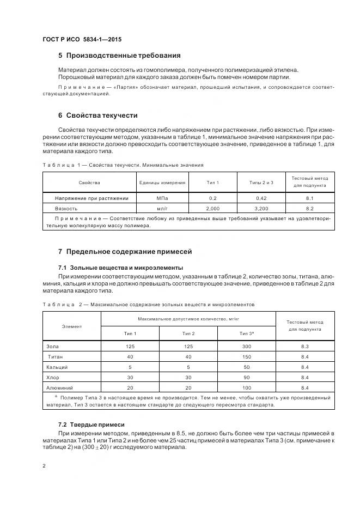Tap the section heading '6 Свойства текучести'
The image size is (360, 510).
click(x=97, y=116)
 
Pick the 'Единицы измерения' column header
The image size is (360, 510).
click(x=162, y=183)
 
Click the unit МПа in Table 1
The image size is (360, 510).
click(x=162, y=198)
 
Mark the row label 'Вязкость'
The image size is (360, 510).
click(x=66, y=208)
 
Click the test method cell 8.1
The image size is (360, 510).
click(x=310, y=198)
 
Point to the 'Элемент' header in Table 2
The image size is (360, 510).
click(x=72, y=326)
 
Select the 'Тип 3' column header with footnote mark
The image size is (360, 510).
click(x=247, y=333)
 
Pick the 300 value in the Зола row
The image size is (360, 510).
click(x=247, y=347)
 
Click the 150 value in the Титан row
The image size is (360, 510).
click(x=247, y=357)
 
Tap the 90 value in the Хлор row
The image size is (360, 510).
click(x=247, y=377)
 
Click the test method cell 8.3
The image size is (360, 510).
click(x=305, y=347)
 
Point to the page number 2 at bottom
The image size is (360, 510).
click(x=44, y=465)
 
